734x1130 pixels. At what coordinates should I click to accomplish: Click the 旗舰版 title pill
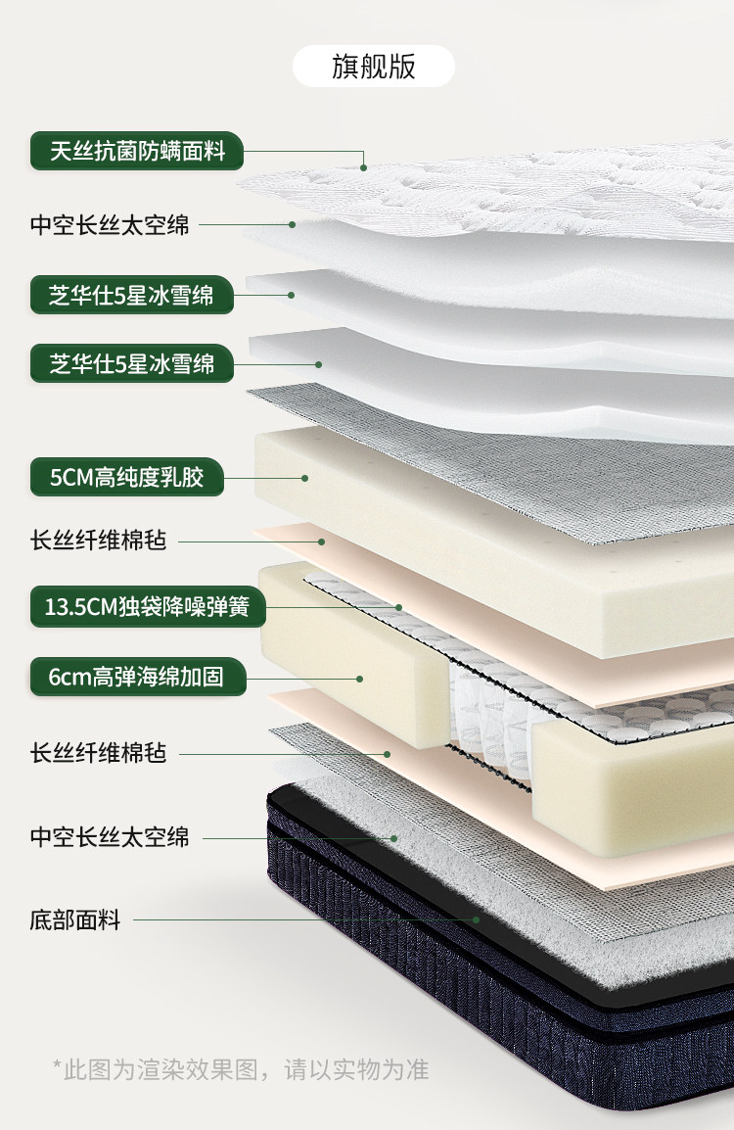click(373, 67)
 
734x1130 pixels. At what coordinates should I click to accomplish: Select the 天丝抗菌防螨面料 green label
click(137, 151)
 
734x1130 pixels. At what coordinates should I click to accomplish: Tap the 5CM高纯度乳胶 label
click(127, 476)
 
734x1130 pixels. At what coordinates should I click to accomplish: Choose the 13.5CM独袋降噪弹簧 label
click(148, 606)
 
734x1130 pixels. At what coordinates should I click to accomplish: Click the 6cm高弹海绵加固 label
click(138, 677)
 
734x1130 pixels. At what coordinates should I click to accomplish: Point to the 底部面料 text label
click(75, 919)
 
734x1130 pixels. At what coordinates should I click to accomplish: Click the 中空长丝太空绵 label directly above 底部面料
click(110, 836)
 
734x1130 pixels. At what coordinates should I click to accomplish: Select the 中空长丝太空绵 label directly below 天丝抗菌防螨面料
click(110, 225)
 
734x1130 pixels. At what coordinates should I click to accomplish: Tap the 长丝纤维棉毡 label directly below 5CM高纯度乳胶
click(98, 540)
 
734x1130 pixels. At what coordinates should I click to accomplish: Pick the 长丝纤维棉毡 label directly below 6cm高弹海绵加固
click(98, 753)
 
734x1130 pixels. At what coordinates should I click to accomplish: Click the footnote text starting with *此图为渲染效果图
click(241, 1068)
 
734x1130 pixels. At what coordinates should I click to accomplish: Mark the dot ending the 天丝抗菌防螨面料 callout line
click(364, 167)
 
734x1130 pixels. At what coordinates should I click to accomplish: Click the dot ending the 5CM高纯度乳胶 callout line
click(305, 478)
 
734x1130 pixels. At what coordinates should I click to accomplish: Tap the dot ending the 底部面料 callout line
click(477, 920)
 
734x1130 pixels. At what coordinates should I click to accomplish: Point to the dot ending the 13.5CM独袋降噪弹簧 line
click(398, 607)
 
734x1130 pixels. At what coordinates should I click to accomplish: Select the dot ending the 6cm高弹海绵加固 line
click(359, 679)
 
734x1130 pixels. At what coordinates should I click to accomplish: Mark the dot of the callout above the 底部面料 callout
click(394, 839)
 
